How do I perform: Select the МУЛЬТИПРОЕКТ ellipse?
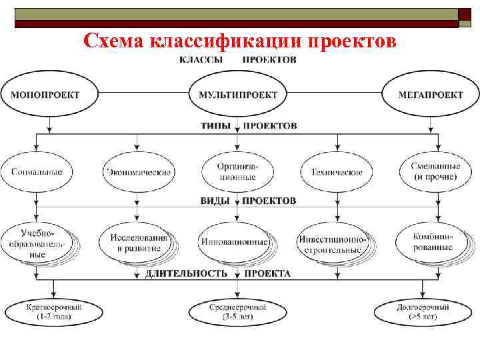pos(238,95)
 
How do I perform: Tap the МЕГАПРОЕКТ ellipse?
pos(430,95)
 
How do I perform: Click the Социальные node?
pos(37,172)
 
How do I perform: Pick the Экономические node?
pos(138,172)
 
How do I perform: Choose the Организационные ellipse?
pos(237,172)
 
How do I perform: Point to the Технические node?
pos(337,172)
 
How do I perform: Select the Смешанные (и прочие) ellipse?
pos(435,172)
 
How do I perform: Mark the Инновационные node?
pos(234,242)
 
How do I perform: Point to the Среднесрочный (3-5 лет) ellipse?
pos(237,311)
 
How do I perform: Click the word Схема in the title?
pos(114,42)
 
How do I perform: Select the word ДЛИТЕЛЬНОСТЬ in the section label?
pos(186,273)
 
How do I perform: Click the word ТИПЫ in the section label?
pos(216,125)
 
